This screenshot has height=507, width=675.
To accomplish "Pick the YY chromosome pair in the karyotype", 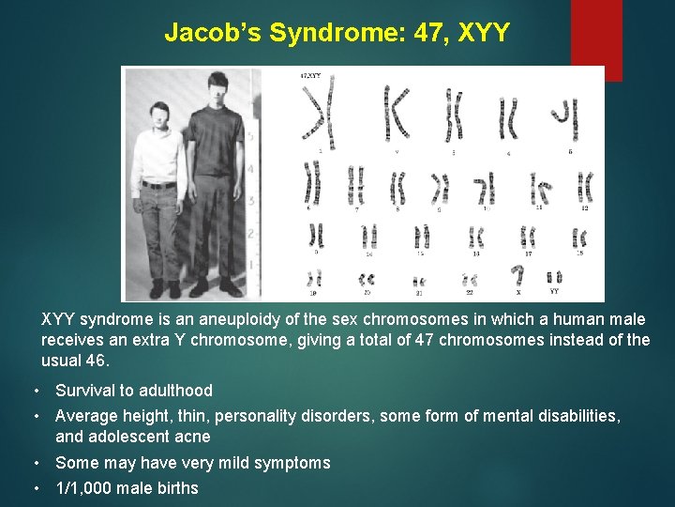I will coord(554,277).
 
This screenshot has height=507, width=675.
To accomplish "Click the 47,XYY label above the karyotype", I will coord(311,75).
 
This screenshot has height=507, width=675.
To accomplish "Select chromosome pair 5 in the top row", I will coord(562,116).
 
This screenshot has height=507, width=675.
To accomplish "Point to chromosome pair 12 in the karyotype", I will coord(585,187).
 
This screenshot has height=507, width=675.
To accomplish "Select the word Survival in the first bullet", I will coord(87,391).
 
